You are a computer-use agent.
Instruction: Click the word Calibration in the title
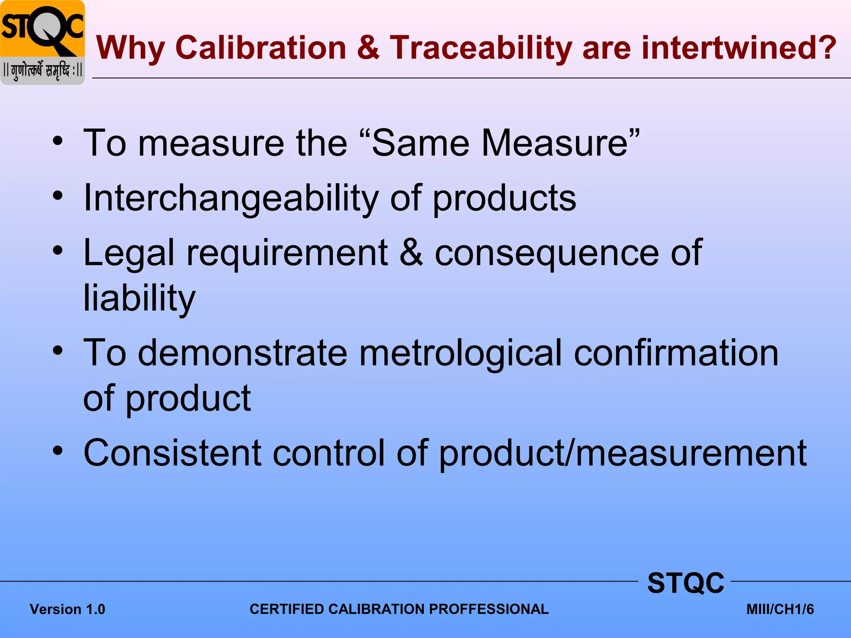tap(261, 48)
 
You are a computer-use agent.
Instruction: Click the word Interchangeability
tap(231, 198)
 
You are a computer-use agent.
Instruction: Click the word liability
tap(139, 298)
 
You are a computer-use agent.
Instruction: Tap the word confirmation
tap(676, 353)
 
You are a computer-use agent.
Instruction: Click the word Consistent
tap(172, 453)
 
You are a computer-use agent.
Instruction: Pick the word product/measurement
tap(622, 453)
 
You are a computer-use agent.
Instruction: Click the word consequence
tap(546, 253)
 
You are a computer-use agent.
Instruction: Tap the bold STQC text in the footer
tap(686, 583)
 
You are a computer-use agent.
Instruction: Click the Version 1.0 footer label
tap(67, 609)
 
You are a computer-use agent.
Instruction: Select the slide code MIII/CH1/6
tap(780, 609)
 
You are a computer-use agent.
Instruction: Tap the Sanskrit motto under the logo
tap(42, 71)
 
